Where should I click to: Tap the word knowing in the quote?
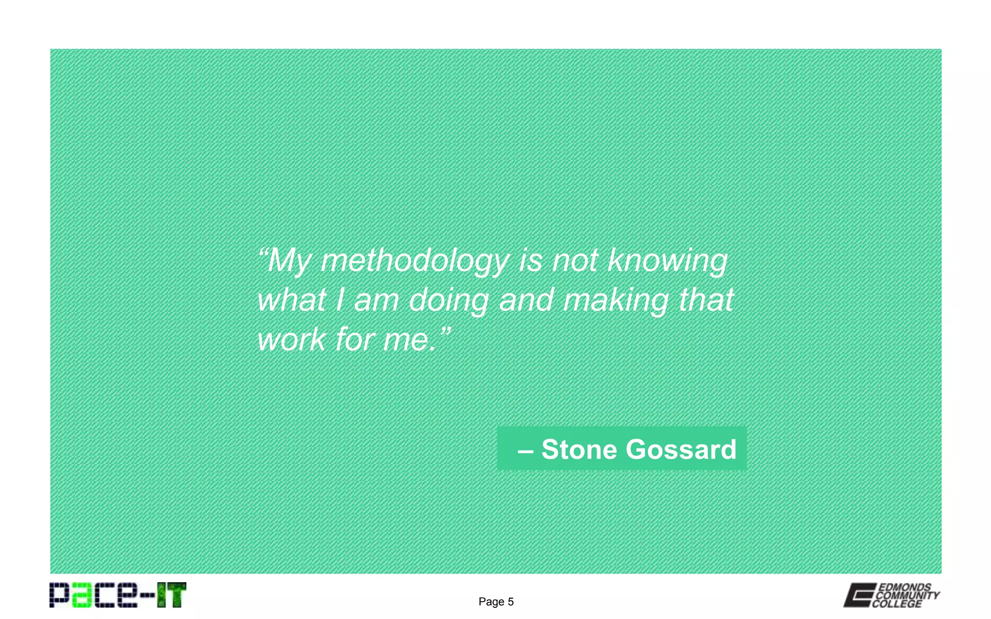667,261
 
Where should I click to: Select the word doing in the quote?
449,300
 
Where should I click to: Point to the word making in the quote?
616,300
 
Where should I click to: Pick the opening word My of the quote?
289,261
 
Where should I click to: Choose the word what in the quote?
291,300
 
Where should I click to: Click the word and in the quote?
526,300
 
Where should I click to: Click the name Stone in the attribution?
579,449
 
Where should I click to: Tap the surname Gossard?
681,449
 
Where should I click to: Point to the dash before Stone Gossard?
526,451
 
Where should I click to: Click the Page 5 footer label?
496,602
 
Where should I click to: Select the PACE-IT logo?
118,595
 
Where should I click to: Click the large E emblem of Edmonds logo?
859,595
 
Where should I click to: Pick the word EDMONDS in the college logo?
904,587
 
